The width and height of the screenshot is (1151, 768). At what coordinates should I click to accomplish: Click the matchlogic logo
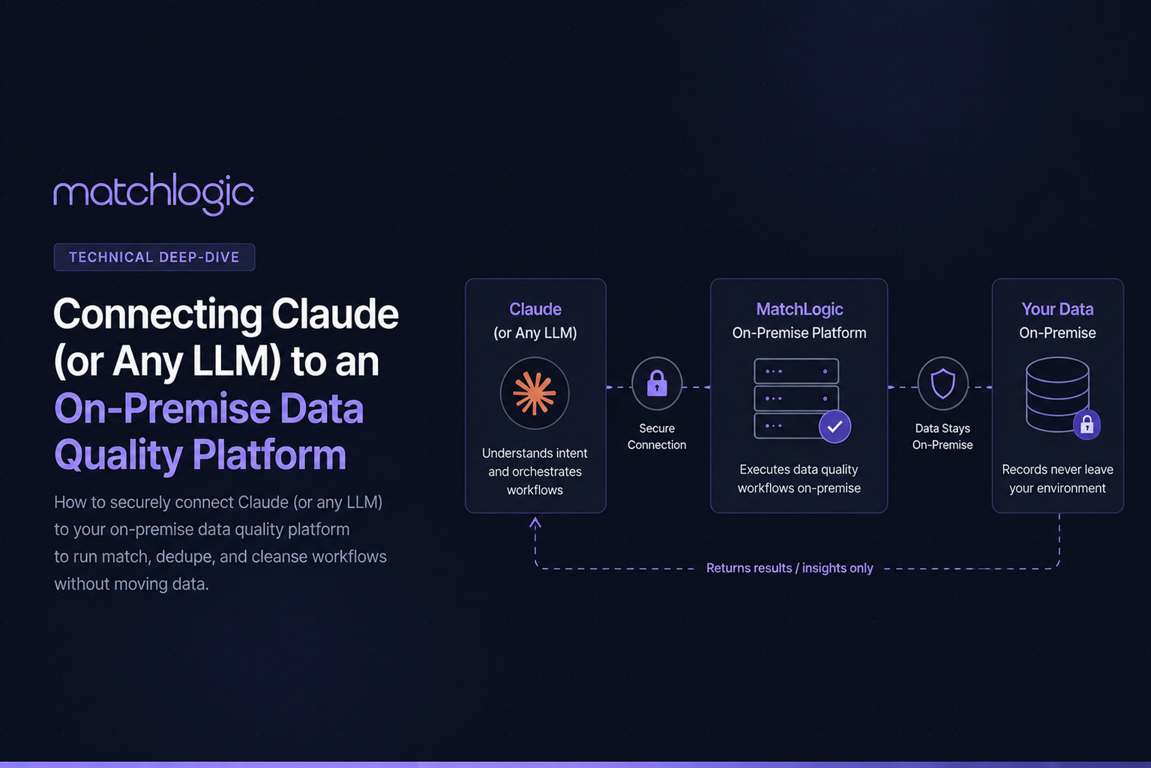click(154, 193)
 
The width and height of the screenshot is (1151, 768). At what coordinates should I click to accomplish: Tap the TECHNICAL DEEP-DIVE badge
click(154, 257)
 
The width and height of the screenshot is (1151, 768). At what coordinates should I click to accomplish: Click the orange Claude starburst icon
click(535, 394)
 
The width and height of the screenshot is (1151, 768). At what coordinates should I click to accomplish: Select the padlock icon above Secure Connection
click(657, 383)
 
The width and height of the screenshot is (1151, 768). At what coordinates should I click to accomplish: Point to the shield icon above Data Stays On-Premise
click(943, 384)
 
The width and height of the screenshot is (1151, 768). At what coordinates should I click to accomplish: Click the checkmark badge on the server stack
click(835, 426)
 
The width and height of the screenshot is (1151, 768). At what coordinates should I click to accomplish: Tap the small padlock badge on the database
click(1087, 425)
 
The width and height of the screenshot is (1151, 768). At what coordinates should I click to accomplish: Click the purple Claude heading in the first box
click(535, 309)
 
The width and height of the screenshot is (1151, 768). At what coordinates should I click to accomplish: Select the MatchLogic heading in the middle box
click(799, 309)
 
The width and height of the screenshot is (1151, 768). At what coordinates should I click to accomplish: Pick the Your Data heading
click(1057, 309)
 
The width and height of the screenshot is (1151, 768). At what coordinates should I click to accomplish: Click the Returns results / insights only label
click(790, 568)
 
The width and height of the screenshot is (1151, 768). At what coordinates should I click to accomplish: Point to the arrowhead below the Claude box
click(535, 522)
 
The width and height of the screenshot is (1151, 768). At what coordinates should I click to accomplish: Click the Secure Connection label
click(657, 436)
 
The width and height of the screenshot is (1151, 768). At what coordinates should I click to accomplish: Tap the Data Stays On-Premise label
click(943, 436)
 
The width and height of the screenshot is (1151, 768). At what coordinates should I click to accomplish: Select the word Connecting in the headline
click(157, 314)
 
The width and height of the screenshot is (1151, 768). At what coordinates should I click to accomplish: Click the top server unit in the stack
click(796, 371)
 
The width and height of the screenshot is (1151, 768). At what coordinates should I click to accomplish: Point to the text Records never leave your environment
click(1057, 479)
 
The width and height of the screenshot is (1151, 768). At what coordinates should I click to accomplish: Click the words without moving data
click(131, 584)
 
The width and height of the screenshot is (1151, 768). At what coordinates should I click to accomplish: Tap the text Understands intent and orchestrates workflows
click(535, 471)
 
